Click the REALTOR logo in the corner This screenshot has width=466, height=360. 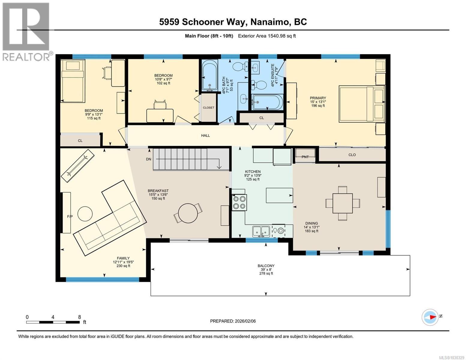pyautogui.click(x=26, y=31)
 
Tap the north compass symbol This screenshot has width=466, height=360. pyautogui.click(x=430, y=317)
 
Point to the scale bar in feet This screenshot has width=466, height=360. pyautogui.click(x=53, y=322)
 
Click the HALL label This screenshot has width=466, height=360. pyautogui.click(x=206, y=136)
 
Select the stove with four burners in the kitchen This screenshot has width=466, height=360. pyautogui.click(x=239, y=202)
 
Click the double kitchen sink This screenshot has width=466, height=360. pyautogui.click(x=261, y=231)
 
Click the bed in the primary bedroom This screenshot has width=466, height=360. pyautogui.click(x=362, y=104)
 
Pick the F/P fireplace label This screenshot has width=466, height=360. pyautogui.click(x=70, y=216)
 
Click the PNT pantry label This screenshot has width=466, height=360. pyautogui.click(x=305, y=157)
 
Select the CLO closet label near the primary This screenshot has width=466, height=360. pyautogui.click(x=352, y=155)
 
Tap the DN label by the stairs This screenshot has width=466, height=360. pyautogui.click(x=149, y=159)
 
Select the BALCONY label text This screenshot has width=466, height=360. pyautogui.click(x=266, y=265)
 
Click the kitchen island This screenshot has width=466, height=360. pyautogui.click(x=279, y=196)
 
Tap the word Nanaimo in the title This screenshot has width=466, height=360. pyautogui.click(x=270, y=22)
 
